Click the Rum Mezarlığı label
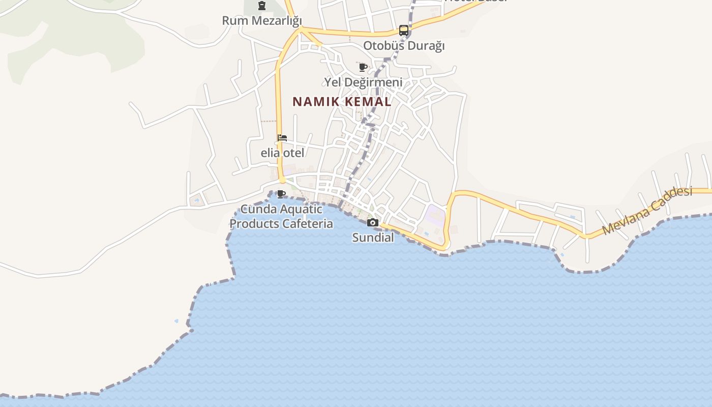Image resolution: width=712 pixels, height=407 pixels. click(262, 21)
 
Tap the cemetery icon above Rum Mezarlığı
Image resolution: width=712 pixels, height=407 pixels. click(262, 6)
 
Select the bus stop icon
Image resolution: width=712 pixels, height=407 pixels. click(404, 31)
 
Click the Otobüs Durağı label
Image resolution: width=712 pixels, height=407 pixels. click(404, 46)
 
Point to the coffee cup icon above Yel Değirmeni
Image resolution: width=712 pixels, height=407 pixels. click(363, 67)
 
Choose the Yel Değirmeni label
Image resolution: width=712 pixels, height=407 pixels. click(364, 82)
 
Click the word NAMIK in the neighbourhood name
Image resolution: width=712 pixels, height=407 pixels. click(316, 102)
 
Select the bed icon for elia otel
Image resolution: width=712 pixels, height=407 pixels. click(282, 138)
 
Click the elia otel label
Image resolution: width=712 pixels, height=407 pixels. click(282, 153)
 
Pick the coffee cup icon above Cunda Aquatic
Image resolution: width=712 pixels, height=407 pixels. click(281, 194)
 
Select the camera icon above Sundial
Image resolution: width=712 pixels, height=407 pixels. click(373, 222)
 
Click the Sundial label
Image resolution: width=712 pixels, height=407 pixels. click(373, 238)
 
